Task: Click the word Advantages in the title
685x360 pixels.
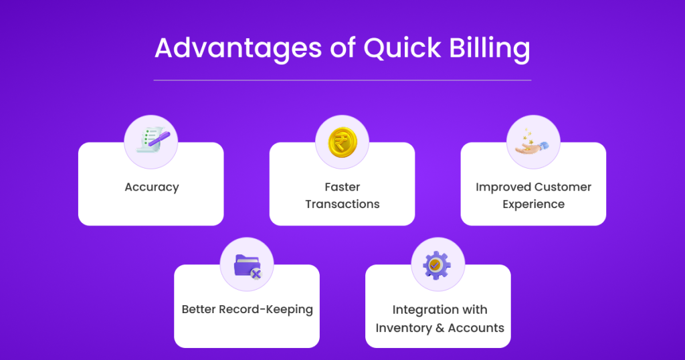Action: click(239, 48)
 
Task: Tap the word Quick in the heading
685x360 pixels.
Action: click(402, 48)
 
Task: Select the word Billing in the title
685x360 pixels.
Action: click(490, 48)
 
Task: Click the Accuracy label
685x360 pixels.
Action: click(152, 187)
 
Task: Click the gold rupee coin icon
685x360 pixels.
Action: click(342, 142)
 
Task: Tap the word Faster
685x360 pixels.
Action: click(342, 187)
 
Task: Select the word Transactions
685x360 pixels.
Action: click(342, 204)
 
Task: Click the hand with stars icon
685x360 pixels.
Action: click(532, 142)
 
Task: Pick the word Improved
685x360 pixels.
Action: click(502, 187)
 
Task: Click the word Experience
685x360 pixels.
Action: click(533, 205)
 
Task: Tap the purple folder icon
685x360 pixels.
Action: click(248, 266)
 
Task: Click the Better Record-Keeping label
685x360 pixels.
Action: click(248, 310)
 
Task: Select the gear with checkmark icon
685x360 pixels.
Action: click(436, 265)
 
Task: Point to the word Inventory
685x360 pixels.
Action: click(403, 328)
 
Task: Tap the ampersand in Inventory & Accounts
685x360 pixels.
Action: click(440, 328)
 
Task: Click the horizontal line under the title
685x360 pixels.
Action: click(342, 80)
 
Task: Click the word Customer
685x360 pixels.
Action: click(562, 187)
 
